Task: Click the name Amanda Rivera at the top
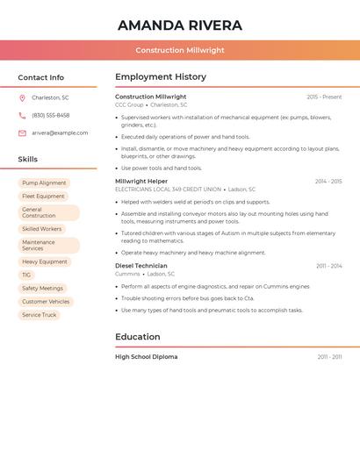[x=180, y=25]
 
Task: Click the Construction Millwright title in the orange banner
[x=180, y=51]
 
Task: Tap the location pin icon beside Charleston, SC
[x=22, y=97]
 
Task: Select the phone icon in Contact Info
[x=22, y=115]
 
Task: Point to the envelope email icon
[x=22, y=133]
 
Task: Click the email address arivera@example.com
[x=60, y=133]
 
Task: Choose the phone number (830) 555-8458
[x=51, y=115]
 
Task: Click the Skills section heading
[x=28, y=160]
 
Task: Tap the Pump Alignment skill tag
[x=44, y=183]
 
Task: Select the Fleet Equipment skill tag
[x=43, y=197]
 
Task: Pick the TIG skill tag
[x=26, y=275]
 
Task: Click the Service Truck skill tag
[x=39, y=314]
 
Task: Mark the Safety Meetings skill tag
[x=42, y=288]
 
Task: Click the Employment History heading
[x=161, y=77]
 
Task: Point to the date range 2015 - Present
[x=324, y=97]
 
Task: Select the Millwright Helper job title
[x=141, y=182]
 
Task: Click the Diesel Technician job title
[x=140, y=266]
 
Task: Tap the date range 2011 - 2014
[x=328, y=266]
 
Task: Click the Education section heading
[x=138, y=337]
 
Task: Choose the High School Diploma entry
[x=147, y=357]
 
